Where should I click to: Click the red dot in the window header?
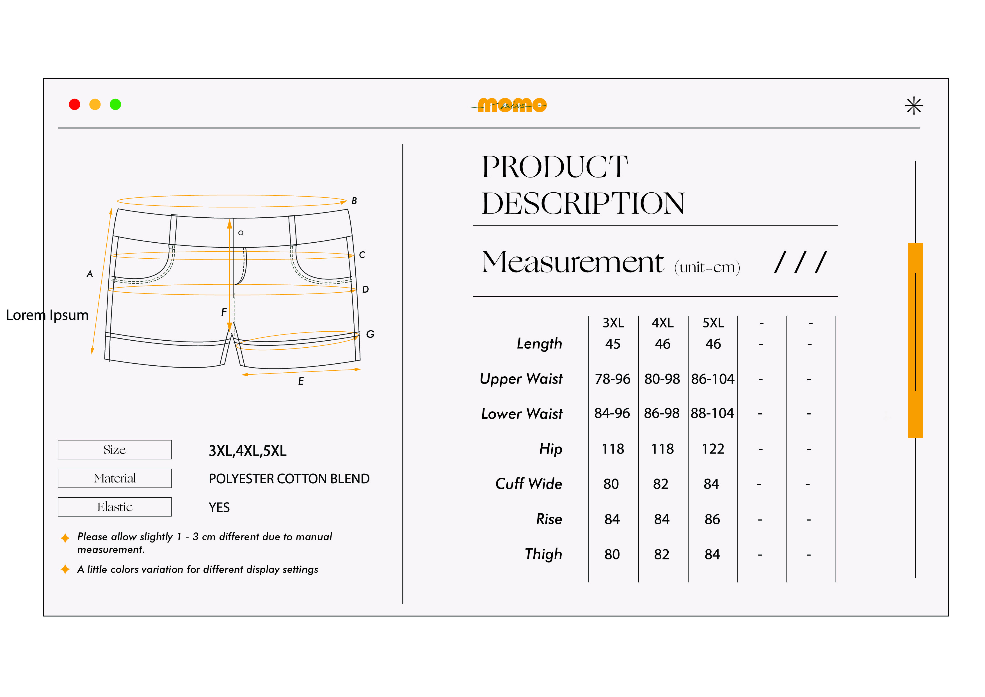pos(75,104)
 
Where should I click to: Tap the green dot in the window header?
pos(115,104)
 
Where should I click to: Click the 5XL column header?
pos(713,323)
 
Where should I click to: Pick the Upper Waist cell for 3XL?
pos(613,379)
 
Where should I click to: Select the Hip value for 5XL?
pos(713,449)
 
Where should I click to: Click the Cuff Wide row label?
pos(529,484)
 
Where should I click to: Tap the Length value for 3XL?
pos(613,344)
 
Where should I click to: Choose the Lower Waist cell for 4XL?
pos(662,413)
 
